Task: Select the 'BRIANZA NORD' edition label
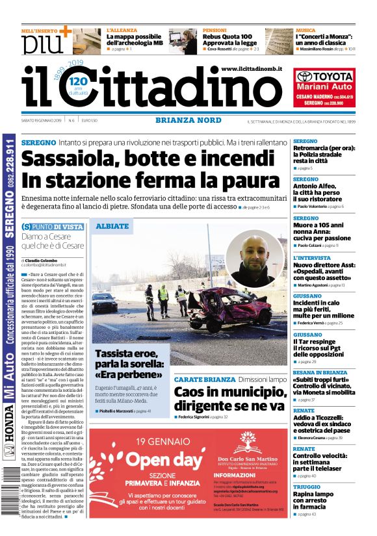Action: pos(181,120)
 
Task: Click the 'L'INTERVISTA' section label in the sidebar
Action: pos(311,258)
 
